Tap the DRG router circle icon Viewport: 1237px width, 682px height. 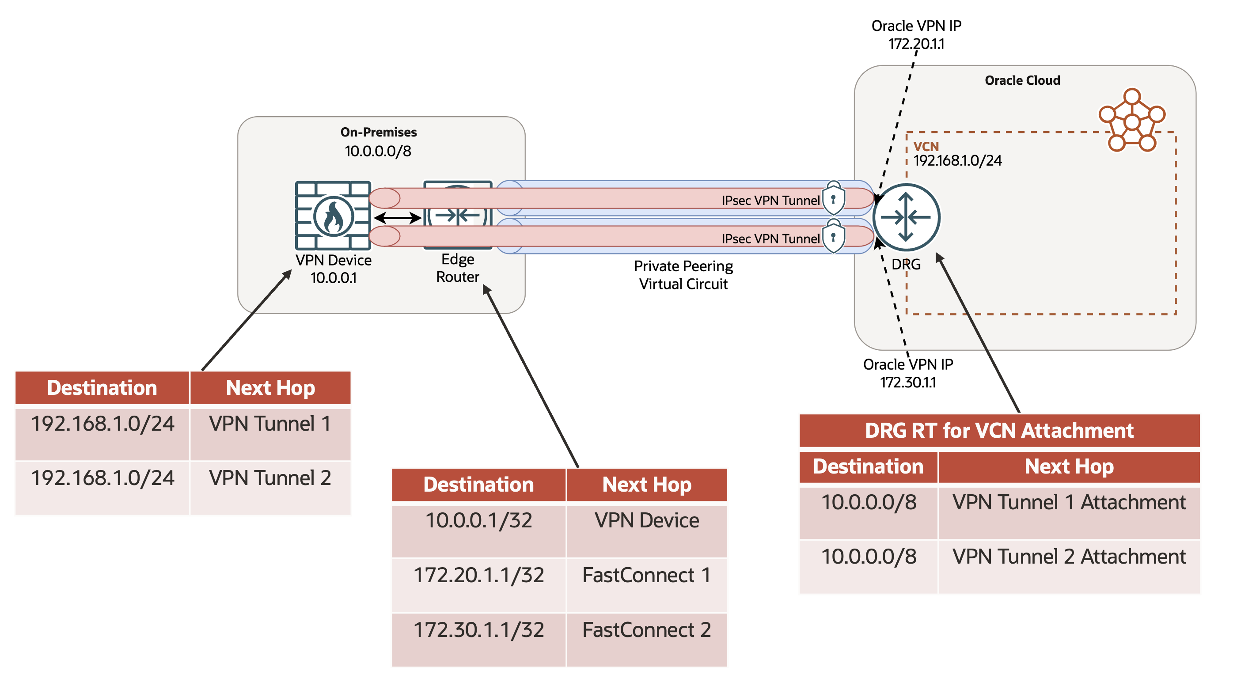pyautogui.click(x=906, y=217)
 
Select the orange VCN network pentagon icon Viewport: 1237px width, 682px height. pyautogui.click(x=1131, y=121)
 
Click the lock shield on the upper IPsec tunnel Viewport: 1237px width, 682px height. pyautogui.click(x=833, y=198)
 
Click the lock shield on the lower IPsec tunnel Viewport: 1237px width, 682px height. pyautogui.click(x=833, y=237)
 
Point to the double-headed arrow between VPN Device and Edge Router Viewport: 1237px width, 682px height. pyautogui.click(x=397, y=218)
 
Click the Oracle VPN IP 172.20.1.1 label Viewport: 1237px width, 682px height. pyautogui.click(x=916, y=34)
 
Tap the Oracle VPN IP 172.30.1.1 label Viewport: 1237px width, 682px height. pyautogui.click(x=907, y=373)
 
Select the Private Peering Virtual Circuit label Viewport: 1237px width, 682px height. pyautogui.click(x=683, y=275)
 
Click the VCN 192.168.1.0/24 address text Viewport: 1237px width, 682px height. pyautogui.click(x=957, y=160)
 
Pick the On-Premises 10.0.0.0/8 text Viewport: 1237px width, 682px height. pyautogui.click(x=378, y=151)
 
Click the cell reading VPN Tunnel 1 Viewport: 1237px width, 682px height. pyautogui.click(x=270, y=424)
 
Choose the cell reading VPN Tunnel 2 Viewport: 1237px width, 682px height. pyautogui.click(x=270, y=478)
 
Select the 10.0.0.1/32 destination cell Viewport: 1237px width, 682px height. pyautogui.click(x=478, y=521)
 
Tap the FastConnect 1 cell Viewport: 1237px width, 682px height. pyautogui.click(x=646, y=576)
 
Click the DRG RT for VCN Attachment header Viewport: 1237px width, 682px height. pyautogui.click(x=999, y=430)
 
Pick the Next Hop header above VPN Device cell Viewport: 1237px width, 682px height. pyautogui.click(x=646, y=485)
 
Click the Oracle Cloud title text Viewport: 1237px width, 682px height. pyautogui.click(x=1022, y=80)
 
